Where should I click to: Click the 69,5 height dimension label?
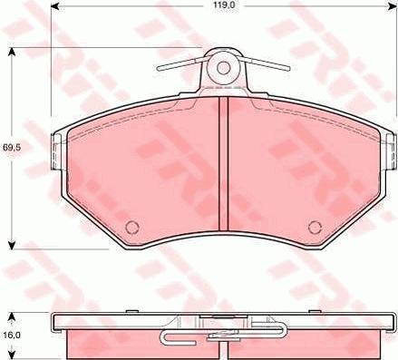(x=11, y=146)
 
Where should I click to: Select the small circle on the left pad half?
(x=131, y=227)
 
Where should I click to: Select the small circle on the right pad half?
(x=314, y=227)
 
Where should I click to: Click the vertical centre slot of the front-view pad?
(x=221, y=168)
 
